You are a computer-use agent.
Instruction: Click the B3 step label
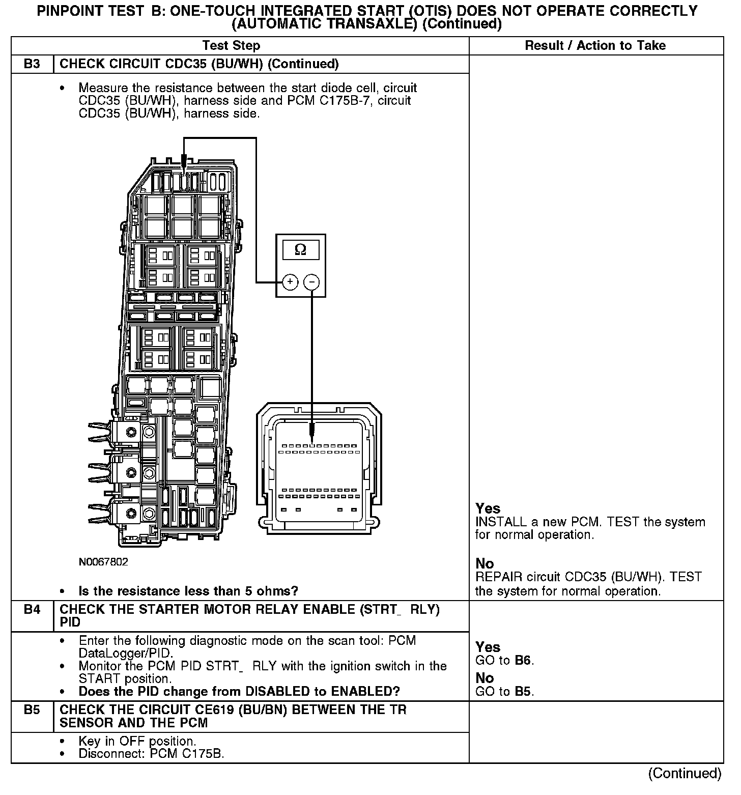click(x=32, y=64)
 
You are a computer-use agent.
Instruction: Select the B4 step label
click(x=32, y=609)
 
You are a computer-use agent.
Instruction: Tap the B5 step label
click(x=32, y=709)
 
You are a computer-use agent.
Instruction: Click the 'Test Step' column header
click(x=231, y=46)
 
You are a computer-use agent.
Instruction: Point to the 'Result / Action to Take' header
click(x=595, y=46)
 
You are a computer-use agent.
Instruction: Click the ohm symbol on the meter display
click(x=301, y=250)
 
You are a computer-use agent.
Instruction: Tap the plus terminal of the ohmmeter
click(x=290, y=282)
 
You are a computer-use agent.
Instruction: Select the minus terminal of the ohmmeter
click(x=311, y=282)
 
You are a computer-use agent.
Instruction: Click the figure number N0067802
click(x=103, y=562)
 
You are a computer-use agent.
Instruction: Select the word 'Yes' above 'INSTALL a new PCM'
click(x=488, y=508)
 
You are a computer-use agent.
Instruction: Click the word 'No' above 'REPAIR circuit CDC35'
click(x=484, y=563)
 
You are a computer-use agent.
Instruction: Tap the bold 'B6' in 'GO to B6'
click(x=523, y=661)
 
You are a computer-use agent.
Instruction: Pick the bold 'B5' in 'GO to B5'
click(x=523, y=692)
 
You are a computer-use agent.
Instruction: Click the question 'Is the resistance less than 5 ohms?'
click(x=188, y=591)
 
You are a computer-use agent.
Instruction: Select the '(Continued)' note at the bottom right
click(x=684, y=774)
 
